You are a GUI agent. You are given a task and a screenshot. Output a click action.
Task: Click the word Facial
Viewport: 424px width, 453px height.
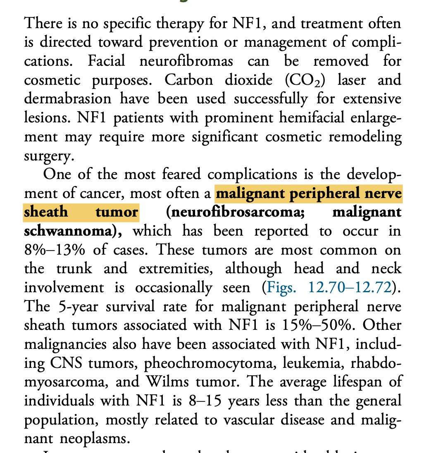point(107,61)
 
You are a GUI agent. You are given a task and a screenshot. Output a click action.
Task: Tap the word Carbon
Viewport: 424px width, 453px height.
point(189,80)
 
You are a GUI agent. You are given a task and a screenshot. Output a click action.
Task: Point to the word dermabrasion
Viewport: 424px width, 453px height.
point(68,99)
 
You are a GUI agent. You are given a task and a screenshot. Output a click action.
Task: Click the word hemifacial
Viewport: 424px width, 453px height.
point(312,118)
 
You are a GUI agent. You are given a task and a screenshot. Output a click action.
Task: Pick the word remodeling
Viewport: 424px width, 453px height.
point(362,137)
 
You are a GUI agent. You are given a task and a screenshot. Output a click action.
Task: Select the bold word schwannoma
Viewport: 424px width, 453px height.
point(68,231)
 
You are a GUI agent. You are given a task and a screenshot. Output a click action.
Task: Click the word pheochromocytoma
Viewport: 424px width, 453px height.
point(211,364)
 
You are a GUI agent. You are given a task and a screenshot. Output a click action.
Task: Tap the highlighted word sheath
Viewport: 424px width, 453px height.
point(45,212)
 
